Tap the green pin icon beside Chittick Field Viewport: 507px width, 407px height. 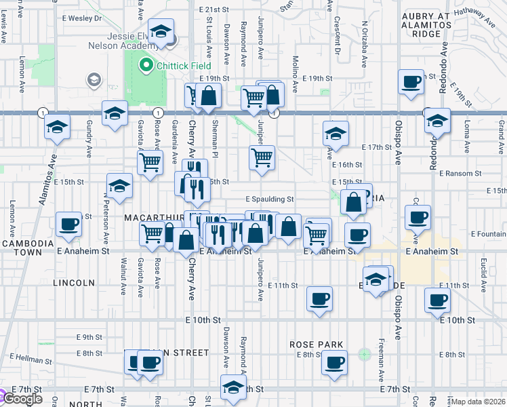click(144, 66)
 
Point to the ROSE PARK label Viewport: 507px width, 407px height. click(316, 345)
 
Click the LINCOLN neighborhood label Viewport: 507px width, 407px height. click(73, 282)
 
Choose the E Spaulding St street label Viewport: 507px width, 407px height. click(269, 199)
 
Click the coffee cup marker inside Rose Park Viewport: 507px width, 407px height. click(333, 362)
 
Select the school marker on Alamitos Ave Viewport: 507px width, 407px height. click(58, 127)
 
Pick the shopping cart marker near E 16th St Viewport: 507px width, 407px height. click(262, 158)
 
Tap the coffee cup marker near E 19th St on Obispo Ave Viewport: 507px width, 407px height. click(411, 82)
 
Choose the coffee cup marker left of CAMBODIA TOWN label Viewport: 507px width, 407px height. click(68, 224)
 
